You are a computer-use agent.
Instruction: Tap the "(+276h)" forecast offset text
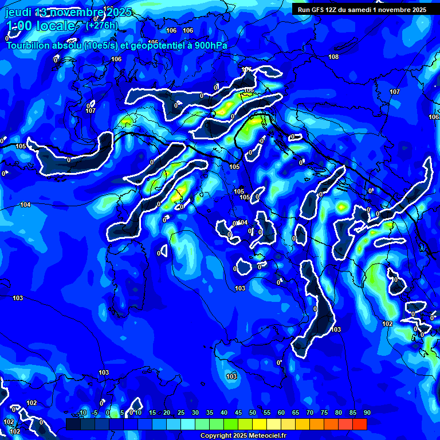pos(102,25)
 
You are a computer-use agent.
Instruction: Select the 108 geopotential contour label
pos(333,57)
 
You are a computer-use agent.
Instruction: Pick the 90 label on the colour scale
pos(367,413)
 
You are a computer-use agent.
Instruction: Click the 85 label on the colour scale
pos(353,413)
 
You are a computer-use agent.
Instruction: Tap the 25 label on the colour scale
pos(181,413)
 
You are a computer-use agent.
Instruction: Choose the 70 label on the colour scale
pos(310,413)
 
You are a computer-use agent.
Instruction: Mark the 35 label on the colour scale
pos(210,413)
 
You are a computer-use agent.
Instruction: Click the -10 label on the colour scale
pos(82,413)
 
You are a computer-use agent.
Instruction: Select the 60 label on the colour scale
pos(281,413)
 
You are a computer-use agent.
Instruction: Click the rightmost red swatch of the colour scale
pos(360,424)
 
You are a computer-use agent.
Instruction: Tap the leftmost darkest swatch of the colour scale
pos(73,424)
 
